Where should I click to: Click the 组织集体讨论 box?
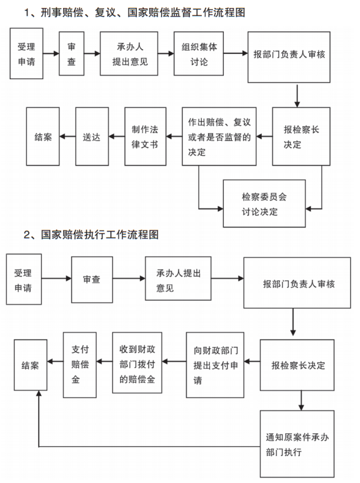(x=199, y=53)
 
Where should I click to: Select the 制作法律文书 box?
(x=145, y=136)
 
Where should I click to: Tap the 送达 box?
(x=92, y=136)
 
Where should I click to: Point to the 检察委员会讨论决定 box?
(x=264, y=204)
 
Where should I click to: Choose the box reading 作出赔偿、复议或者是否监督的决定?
(x=219, y=136)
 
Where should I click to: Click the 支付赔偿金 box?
(x=80, y=365)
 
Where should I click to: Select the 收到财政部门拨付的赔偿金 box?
(x=137, y=363)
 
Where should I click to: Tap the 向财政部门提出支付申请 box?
(x=215, y=365)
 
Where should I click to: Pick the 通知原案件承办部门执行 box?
(x=297, y=444)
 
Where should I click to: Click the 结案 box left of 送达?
(x=43, y=136)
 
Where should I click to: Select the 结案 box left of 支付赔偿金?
(x=31, y=365)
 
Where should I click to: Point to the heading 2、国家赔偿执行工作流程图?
(x=91, y=234)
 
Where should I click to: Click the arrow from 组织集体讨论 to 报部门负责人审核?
(x=236, y=53)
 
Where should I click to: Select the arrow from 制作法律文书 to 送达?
(x=117, y=136)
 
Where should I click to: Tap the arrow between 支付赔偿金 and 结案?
(x=55, y=361)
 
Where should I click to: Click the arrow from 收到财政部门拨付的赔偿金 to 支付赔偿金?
(x=104, y=361)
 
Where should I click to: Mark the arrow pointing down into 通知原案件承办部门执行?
(x=301, y=400)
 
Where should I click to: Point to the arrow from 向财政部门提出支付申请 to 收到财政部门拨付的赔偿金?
(x=174, y=361)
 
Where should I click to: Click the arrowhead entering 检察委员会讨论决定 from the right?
(x=308, y=209)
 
